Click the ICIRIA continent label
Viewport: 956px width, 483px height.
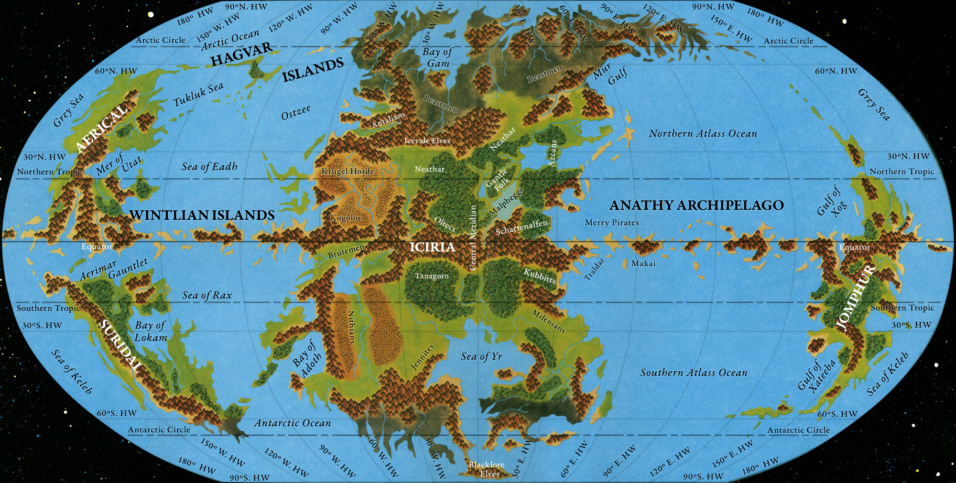point(432,247)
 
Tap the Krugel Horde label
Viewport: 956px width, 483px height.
point(348,171)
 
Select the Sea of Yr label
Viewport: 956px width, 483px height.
point(481,356)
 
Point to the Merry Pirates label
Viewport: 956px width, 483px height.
point(611,223)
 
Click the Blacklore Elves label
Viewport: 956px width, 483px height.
point(487,469)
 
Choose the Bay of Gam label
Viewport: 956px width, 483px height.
point(437,57)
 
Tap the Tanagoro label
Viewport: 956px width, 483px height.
point(432,276)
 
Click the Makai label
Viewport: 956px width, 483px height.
point(643,263)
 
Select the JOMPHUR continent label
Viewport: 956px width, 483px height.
point(856,297)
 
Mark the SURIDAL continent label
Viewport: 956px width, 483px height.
point(120,346)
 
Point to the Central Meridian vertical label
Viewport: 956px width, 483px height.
point(473,237)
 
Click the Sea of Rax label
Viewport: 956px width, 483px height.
point(206,295)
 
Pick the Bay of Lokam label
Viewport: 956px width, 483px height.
point(151,331)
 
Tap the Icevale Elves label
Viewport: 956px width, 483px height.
point(427,140)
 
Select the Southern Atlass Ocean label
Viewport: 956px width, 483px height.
point(694,373)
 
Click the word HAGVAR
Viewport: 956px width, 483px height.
point(241,54)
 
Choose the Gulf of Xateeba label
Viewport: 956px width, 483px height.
point(816,376)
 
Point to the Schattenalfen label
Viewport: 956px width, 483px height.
point(521,227)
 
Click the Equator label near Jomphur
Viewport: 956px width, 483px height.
point(855,247)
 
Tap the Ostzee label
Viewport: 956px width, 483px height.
point(296,113)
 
